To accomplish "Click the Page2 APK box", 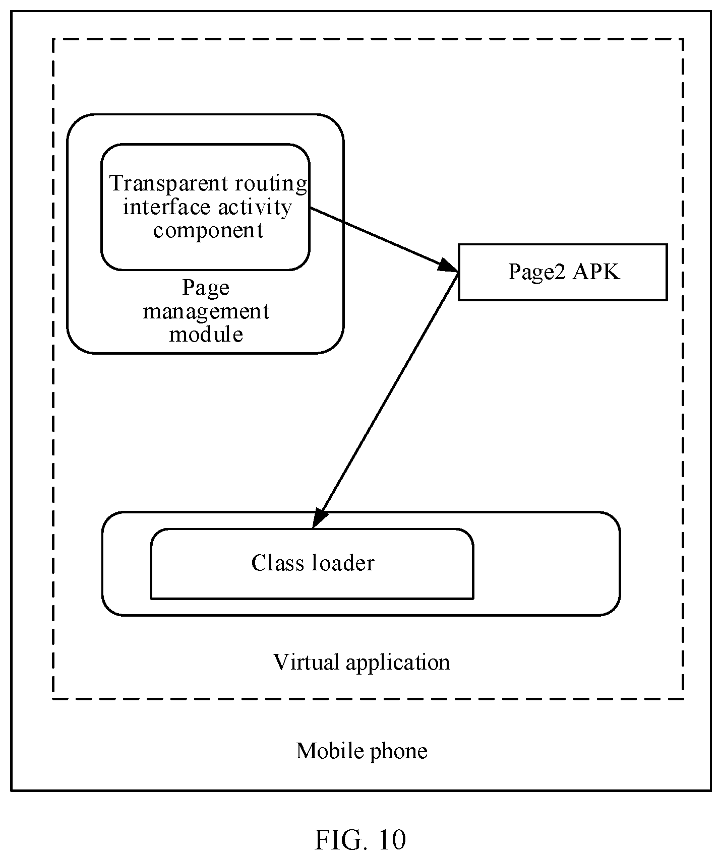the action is coord(563,272).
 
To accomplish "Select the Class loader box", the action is coord(312,564).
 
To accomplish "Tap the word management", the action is coord(206,312).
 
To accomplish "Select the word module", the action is coord(206,334).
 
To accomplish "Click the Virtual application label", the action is coord(362,663).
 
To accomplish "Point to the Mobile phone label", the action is coord(362,751).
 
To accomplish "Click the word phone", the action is coord(399,752).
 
